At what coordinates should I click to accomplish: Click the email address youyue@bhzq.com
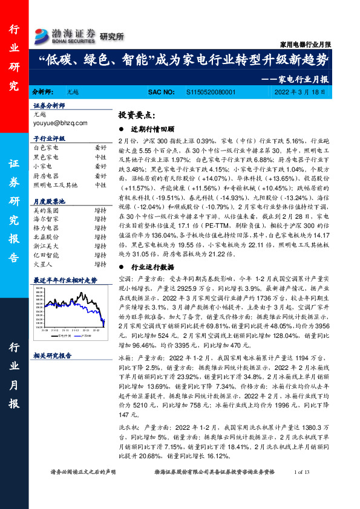pyautogui.click(x=60, y=123)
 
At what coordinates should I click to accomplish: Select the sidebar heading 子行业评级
pyautogui.click(x=49, y=138)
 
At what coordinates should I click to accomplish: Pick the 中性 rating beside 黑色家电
pyautogui.click(x=100, y=156)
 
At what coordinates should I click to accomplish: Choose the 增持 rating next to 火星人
pyautogui.click(x=100, y=264)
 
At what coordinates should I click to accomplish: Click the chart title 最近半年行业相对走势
pyautogui.click(x=65, y=280)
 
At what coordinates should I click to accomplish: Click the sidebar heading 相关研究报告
pyautogui.click(x=53, y=356)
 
